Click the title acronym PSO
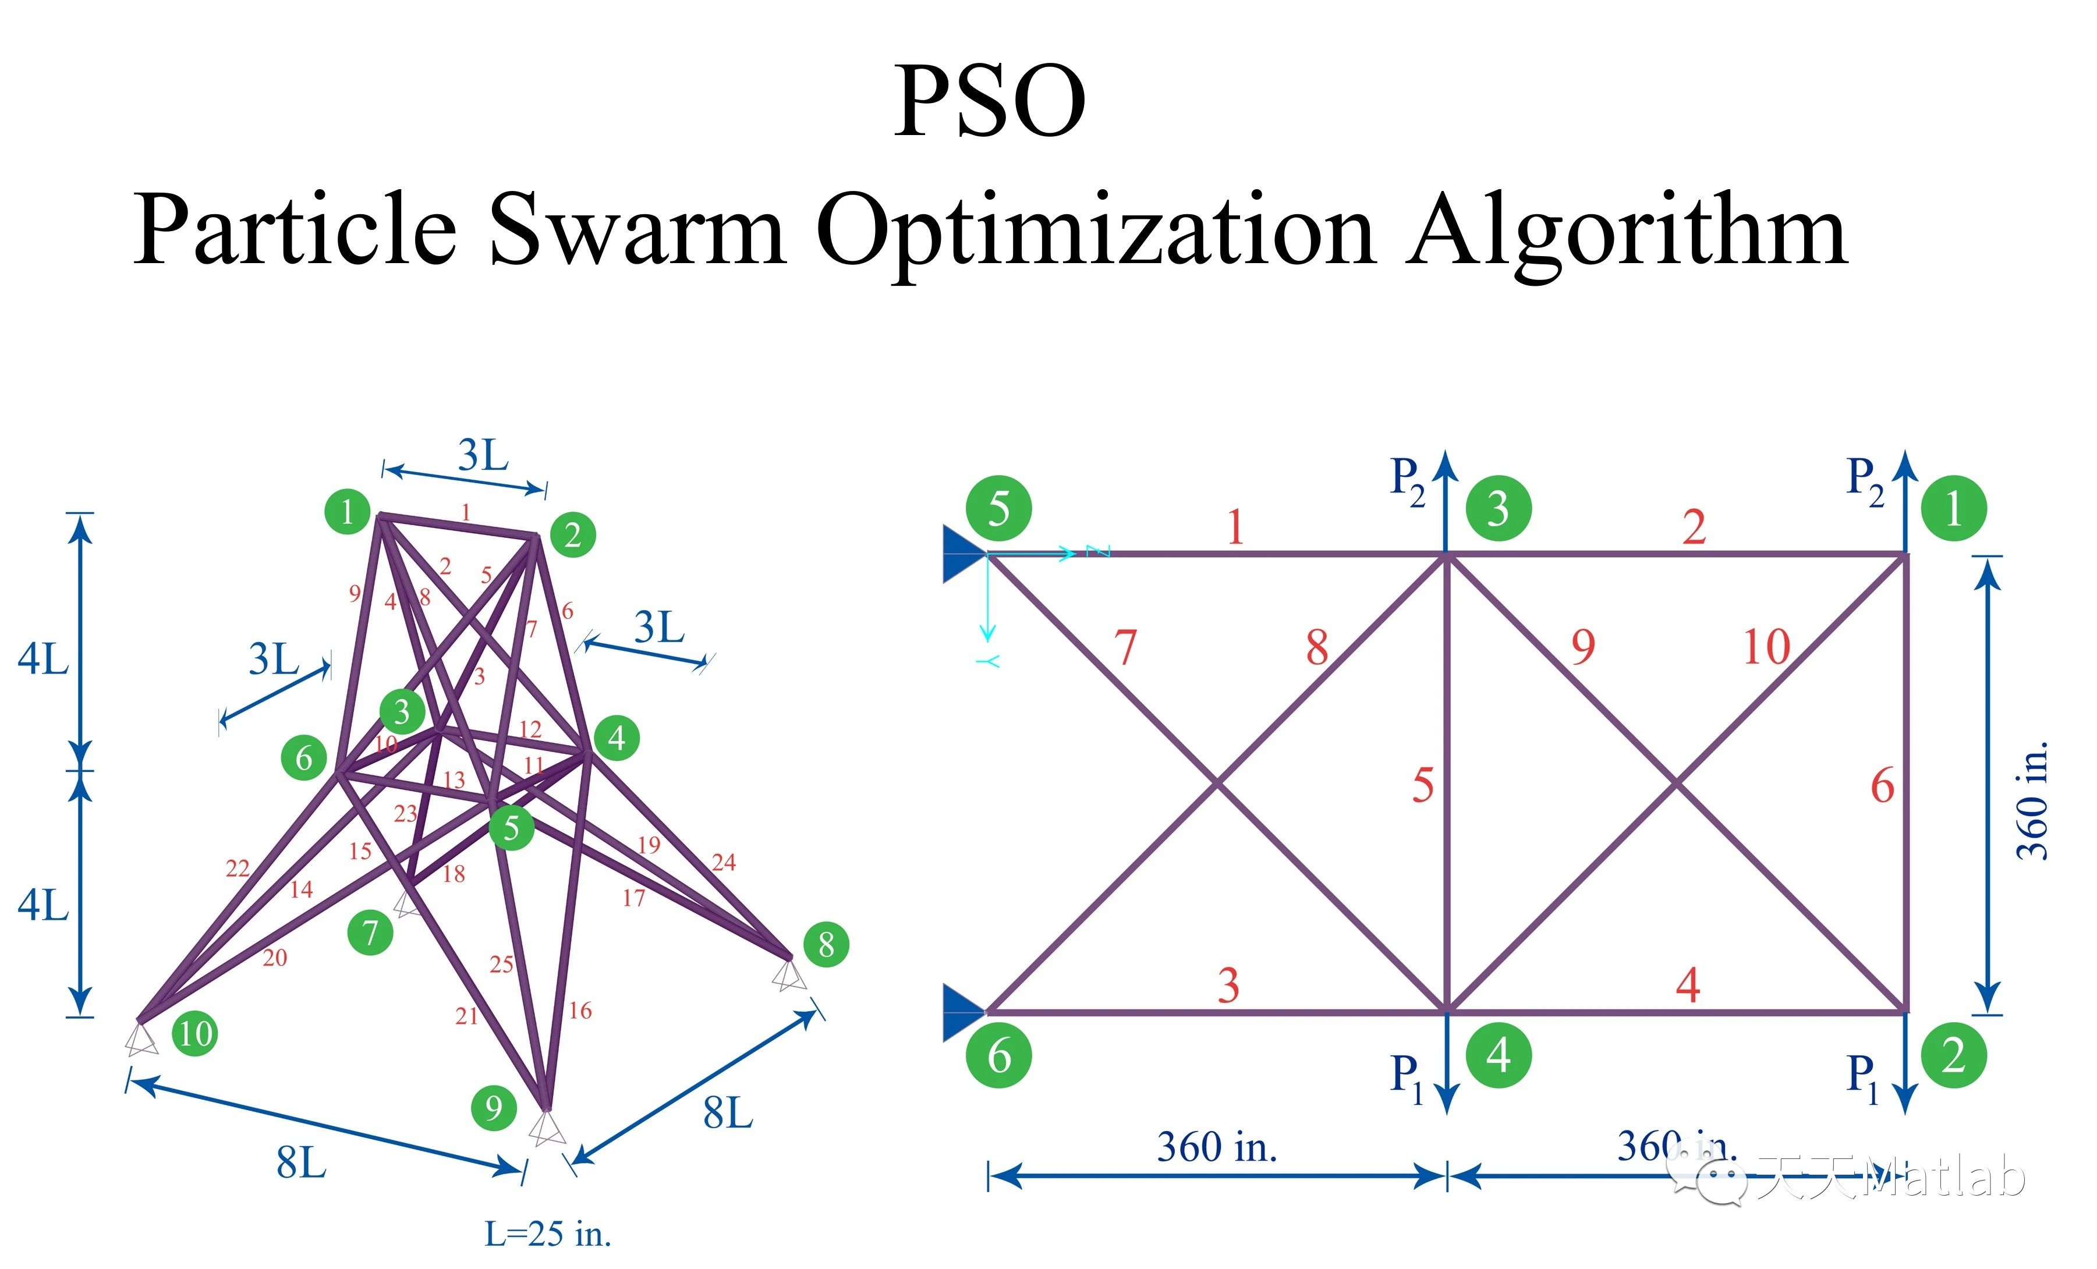click(x=989, y=101)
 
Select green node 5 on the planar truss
click(x=998, y=509)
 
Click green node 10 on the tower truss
click(x=195, y=1033)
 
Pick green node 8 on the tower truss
click(x=826, y=944)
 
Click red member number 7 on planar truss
click(x=1126, y=648)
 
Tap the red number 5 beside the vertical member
click(x=1423, y=785)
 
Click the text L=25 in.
click(x=548, y=1233)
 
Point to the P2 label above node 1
click(x=1864, y=478)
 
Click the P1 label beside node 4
click(x=1406, y=1077)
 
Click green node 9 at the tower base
click(x=494, y=1107)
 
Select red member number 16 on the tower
click(x=580, y=1011)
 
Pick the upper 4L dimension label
click(x=42, y=660)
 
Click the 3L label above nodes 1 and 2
click(x=483, y=455)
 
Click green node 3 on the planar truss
click(x=1498, y=509)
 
